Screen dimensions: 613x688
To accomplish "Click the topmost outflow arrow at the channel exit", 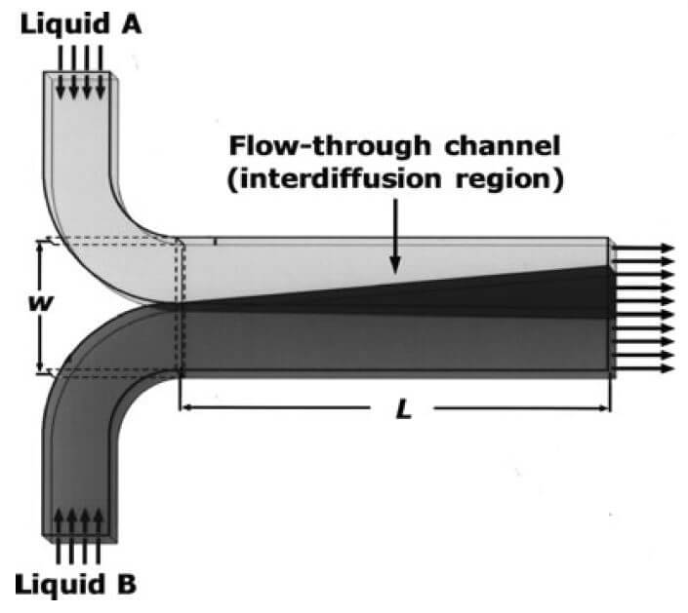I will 644,249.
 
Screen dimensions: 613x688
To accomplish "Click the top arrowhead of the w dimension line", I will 39,245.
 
